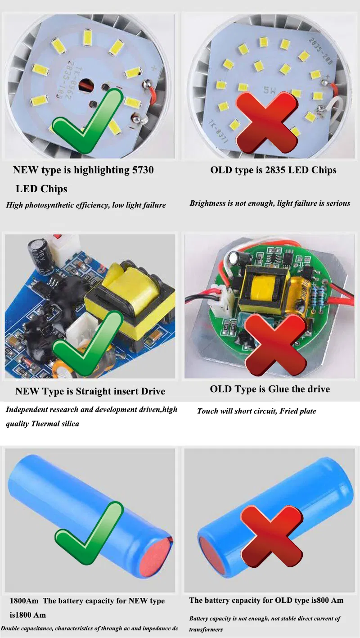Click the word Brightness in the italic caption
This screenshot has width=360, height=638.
pyautogui.click(x=208, y=204)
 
